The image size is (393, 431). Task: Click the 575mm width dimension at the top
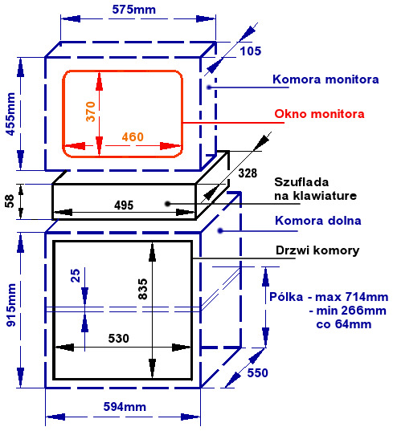133,10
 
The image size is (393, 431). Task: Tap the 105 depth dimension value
251,51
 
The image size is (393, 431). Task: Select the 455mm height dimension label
10,114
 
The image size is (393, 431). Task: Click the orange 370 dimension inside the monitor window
91,112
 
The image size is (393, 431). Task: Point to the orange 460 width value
133,137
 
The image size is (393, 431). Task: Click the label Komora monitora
325,79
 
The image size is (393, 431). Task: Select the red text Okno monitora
319,114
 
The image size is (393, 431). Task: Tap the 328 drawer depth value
248,173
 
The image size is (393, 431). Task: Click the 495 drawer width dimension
124,205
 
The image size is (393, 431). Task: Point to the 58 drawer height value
10,201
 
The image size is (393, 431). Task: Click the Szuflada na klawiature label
315,189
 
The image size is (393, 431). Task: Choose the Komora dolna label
318,221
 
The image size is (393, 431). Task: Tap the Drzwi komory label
317,250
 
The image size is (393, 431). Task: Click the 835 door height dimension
143,289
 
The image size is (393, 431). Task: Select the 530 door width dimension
119,339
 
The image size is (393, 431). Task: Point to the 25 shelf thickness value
76,275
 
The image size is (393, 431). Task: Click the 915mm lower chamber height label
11,305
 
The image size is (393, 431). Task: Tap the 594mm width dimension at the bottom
125,407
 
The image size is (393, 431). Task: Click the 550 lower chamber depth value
258,373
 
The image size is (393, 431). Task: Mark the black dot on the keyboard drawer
168,204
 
